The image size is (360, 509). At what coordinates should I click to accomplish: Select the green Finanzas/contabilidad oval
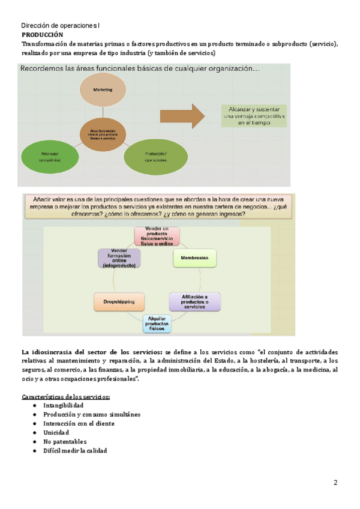(49, 157)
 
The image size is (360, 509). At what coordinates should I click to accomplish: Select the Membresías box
(194, 258)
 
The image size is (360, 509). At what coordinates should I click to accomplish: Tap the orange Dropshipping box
(118, 301)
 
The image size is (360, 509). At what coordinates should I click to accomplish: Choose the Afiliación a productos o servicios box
(194, 301)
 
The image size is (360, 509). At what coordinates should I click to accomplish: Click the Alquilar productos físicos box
(157, 324)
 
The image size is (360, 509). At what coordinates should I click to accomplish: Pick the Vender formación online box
(119, 258)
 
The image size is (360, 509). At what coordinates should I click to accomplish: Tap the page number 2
(335, 483)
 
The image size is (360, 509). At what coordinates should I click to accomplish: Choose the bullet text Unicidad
(56, 433)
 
